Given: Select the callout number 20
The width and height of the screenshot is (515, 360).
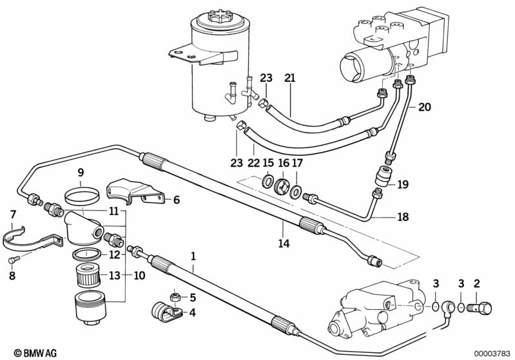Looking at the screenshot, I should tap(423, 107).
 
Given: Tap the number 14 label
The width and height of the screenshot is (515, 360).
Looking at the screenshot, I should tap(284, 243).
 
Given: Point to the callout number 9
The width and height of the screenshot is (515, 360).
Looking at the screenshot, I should tap(81, 173).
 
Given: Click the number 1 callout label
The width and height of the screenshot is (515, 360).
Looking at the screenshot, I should tap(192, 256).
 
